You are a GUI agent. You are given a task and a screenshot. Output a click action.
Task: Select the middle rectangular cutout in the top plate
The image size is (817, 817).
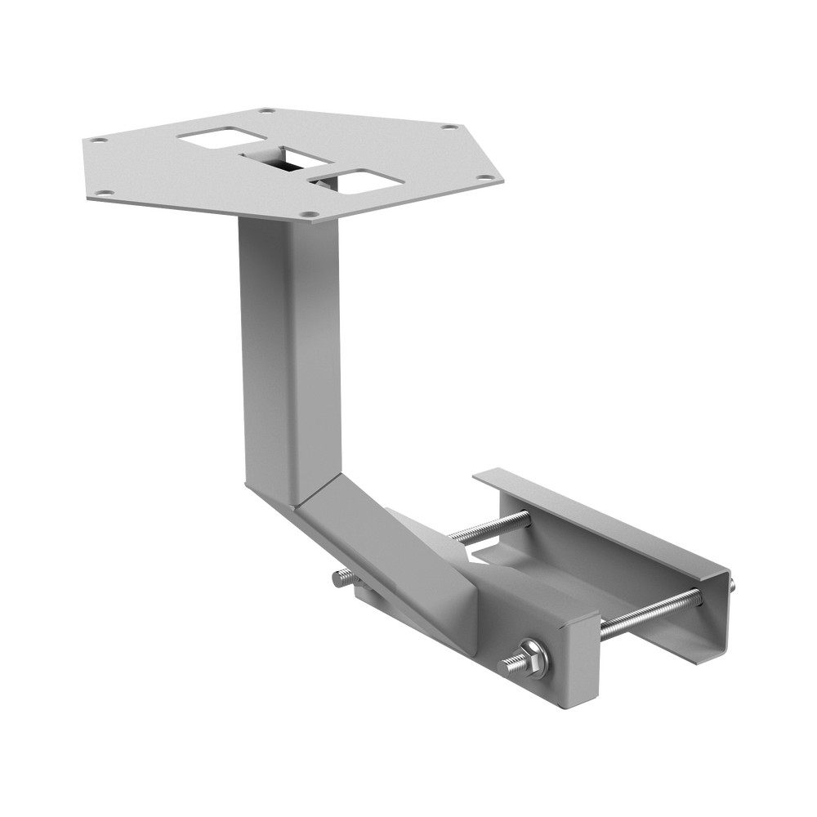(286, 157)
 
